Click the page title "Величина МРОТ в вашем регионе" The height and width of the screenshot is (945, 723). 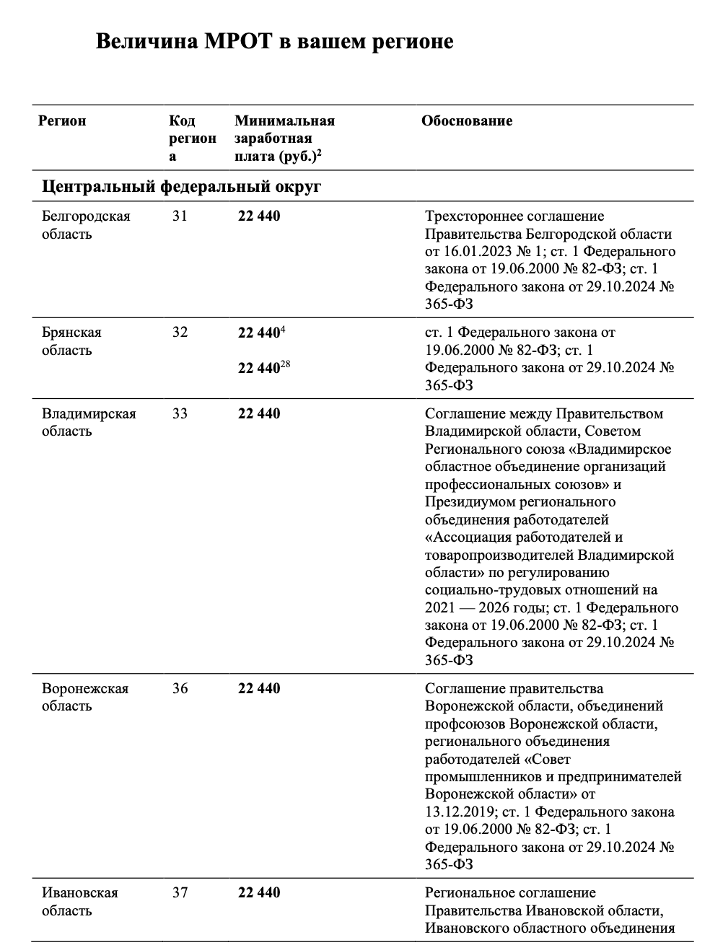(x=274, y=41)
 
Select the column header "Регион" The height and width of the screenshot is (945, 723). (x=62, y=121)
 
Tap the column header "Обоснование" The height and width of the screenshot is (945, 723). (x=467, y=121)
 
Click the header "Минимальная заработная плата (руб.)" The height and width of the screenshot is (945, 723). (x=284, y=139)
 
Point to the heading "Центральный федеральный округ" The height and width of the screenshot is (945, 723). (x=182, y=187)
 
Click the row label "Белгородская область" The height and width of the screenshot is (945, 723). (x=86, y=225)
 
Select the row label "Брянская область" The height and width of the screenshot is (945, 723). (x=71, y=341)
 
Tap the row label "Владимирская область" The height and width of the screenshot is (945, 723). (x=89, y=422)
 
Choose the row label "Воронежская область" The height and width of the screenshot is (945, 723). (x=85, y=697)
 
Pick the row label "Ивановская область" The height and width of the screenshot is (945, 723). (x=79, y=901)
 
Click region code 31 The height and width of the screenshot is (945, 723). (x=180, y=216)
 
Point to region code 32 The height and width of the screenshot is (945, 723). (x=180, y=333)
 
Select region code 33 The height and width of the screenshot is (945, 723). (x=180, y=414)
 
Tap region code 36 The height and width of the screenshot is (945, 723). (x=180, y=689)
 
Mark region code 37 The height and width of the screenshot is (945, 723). (x=180, y=893)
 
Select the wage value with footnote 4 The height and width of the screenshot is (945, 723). (x=260, y=333)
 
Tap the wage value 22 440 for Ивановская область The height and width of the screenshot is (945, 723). (x=259, y=893)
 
